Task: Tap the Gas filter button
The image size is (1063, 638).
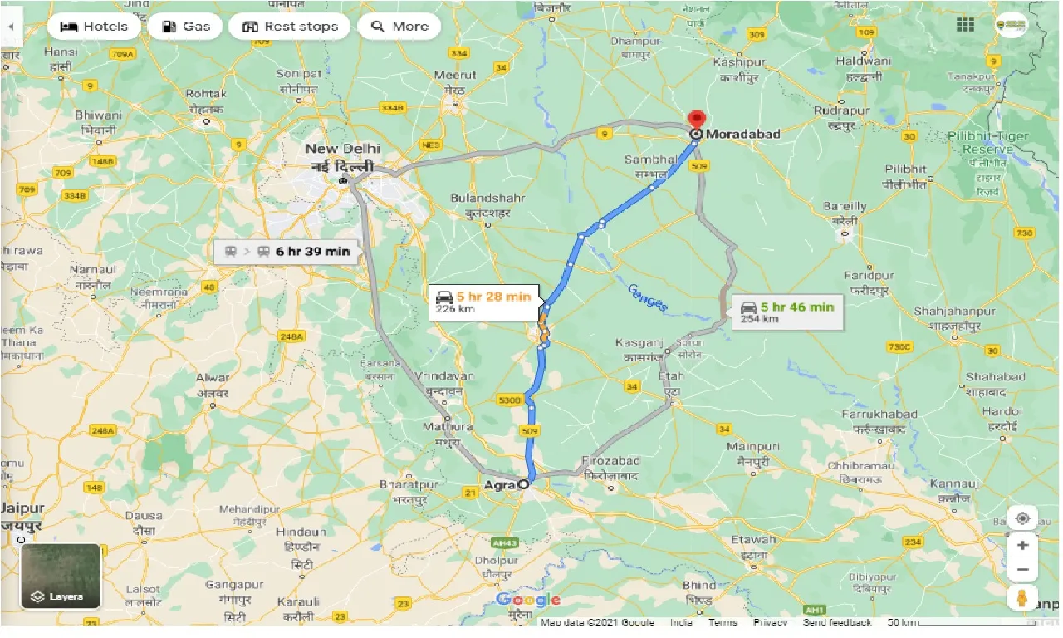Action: click(x=185, y=27)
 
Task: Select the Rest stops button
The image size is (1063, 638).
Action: click(x=290, y=27)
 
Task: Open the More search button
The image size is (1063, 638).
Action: click(x=399, y=27)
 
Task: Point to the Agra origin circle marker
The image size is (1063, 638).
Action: click(x=523, y=484)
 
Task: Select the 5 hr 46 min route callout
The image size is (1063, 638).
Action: click(x=786, y=312)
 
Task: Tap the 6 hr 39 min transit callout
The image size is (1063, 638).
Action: click(x=287, y=251)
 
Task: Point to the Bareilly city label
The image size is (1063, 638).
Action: click(x=845, y=206)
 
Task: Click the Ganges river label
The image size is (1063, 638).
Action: click(x=647, y=297)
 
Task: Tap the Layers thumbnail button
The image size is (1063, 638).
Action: click(x=61, y=577)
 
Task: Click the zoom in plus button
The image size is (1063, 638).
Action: click(x=1022, y=546)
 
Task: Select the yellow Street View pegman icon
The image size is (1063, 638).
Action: click(x=1022, y=597)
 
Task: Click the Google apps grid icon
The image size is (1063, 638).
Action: click(x=965, y=25)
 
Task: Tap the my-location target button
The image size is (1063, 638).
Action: click(x=1022, y=518)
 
